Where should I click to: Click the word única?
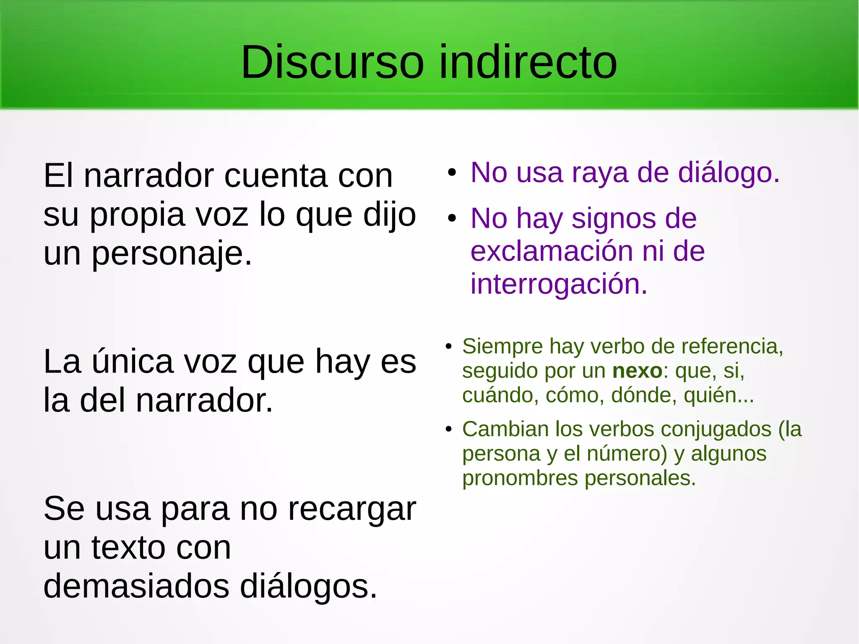(132, 361)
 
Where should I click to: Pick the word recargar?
(351, 509)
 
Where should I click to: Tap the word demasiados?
(136, 586)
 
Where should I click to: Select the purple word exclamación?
(552, 251)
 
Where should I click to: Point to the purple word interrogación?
(559, 284)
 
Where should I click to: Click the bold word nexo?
(637, 371)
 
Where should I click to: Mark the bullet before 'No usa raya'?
(451, 173)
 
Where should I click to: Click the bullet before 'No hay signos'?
(451, 219)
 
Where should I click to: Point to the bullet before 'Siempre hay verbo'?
(448, 347)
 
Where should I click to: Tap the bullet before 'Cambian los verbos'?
(448, 429)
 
